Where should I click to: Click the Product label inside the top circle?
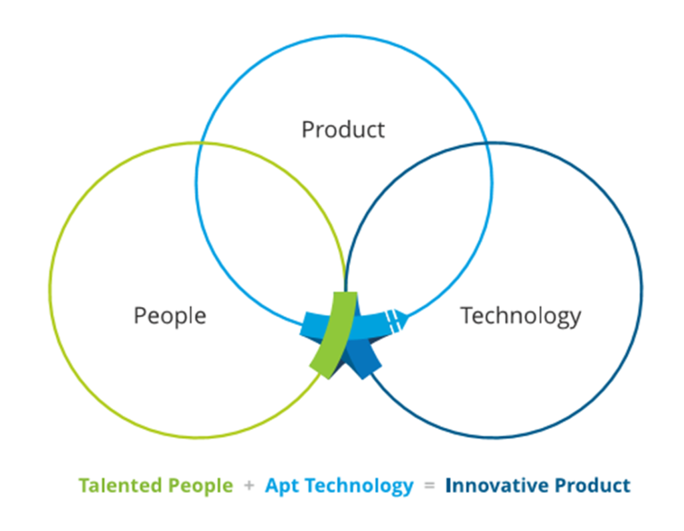click(343, 130)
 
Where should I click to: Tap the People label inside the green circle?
click(170, 316)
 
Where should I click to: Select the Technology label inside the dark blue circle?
click(520, 316)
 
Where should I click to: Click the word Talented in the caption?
click(121, 486)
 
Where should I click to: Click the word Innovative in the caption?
click(497, 486)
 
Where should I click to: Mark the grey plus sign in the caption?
click(249, 486)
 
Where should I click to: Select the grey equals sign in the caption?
click(430, 486)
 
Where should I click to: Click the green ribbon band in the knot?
click(335, 334)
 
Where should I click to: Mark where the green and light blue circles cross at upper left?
click(201, 143)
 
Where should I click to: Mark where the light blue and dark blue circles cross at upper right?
click(487, 143)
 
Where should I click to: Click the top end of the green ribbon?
click(345, 292)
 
